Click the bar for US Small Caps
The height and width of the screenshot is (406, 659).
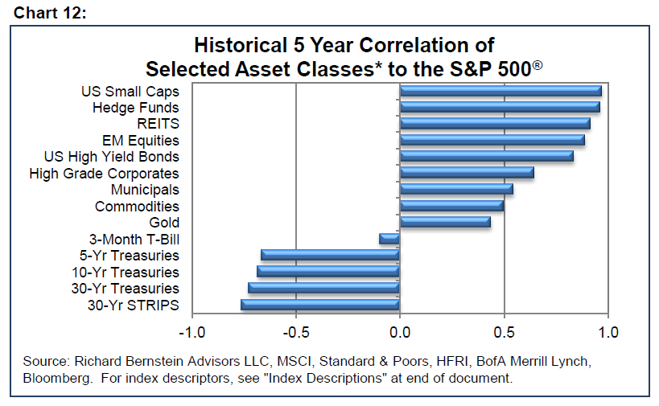click(500, 91)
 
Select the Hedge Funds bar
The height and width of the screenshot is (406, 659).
click(500, 107)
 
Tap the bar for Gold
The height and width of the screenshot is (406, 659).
click(445, 222)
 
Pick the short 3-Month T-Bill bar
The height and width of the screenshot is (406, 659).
click(389, 239)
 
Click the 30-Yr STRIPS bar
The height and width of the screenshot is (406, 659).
click(320, 305)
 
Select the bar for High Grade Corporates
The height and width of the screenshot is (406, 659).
click(467, 173)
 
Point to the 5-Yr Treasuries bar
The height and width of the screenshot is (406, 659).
click(330, 256)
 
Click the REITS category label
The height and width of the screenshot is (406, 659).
click(158, 124)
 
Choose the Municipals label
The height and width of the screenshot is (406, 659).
click(145, 190)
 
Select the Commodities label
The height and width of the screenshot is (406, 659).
click(137, 207)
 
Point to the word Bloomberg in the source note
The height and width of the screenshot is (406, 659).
click(53, 378)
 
